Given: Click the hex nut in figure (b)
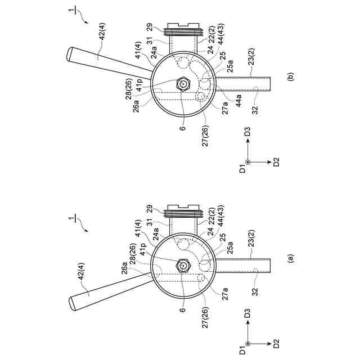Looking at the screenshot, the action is pyautogui.click(x=183, y=84).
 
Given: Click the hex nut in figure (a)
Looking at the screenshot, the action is pyautogui.click(x=183, y=265).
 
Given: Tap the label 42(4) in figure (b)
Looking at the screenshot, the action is pyautogui.click(x=102, y=31).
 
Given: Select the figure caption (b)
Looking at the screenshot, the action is pyautogui.click(x=291, y=76).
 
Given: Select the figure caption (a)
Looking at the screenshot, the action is pyautogui.click(x=291, y=258).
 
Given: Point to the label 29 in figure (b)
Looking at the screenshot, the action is pyautogui.click(x=150, y=27).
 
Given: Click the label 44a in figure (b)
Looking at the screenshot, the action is pyautogui.click(x=238, y=101).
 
